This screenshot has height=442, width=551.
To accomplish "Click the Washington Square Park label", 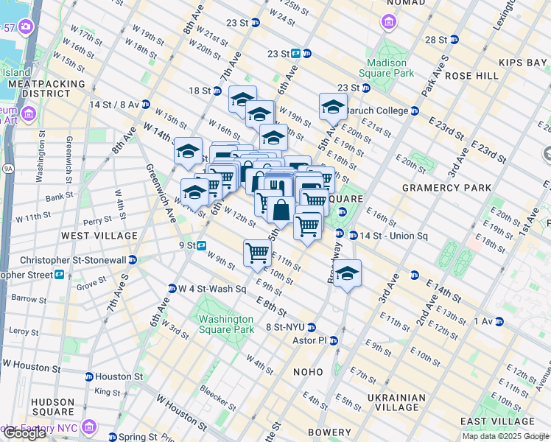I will click(x=226, y=324).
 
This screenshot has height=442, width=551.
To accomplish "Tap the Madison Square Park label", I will click(x=386, y=68).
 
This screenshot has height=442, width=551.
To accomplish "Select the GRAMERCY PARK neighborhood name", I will click(x=446, y=188).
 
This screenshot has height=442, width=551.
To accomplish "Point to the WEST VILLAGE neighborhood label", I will click(x=99, y=236).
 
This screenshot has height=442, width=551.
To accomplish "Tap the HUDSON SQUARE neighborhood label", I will click(x=52, y=407).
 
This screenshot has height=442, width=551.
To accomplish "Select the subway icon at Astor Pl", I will click(x=334, y=340).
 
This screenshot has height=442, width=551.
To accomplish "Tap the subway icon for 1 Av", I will click(x=499, y=321).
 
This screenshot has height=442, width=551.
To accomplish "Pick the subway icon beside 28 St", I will click(x=455, y=40).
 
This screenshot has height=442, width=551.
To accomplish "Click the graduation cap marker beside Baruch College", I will click(x=333, y=107).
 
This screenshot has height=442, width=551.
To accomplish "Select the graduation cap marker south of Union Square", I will click(x=347, y=273).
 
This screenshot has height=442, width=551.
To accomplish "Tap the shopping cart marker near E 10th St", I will click(x=258, y=253).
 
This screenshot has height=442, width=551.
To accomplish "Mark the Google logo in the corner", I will click(x=24, y=433).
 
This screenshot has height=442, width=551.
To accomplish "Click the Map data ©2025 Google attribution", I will click(x=505, y=436).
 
